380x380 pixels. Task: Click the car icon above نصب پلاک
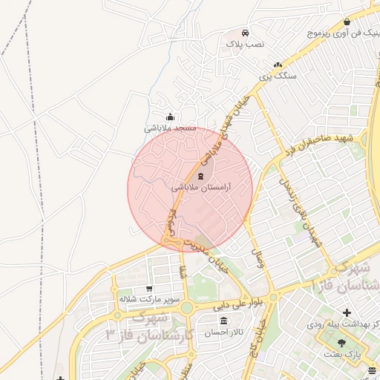[x=245, y=33]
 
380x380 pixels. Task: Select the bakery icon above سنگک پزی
[x=278, y=65]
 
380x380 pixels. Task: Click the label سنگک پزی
[x=278, y=76]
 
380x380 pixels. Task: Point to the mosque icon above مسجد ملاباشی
[x=171, y=117]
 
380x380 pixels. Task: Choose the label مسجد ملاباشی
[x=170, y=128]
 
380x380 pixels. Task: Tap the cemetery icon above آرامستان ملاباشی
[x=203, y=177]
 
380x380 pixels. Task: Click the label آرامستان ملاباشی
[x=203, y=189]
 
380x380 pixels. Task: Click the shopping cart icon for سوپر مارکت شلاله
[x=149, y=288]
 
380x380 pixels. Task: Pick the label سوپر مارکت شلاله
[x=150, y=299]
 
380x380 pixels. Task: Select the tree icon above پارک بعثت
[x=341, y=343]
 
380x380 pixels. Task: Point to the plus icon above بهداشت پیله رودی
[x=347, y=312]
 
